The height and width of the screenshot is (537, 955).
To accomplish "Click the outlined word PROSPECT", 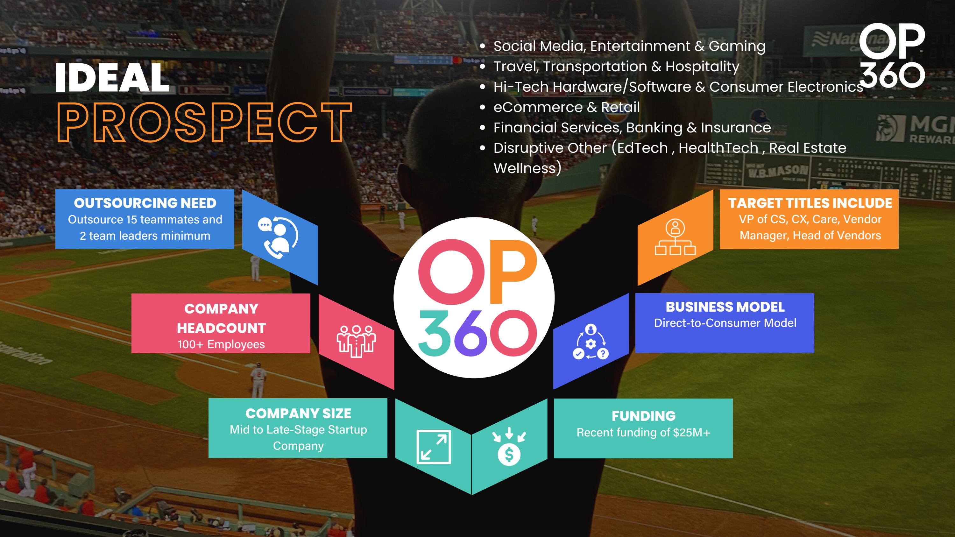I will (204, 123).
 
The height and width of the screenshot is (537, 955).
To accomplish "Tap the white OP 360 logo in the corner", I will (892, 56).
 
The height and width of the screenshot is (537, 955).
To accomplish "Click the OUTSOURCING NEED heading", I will (145, 203).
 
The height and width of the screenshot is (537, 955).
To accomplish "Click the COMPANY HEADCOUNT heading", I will (221, 318).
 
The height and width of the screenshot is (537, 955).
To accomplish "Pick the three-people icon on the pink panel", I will (356, 341).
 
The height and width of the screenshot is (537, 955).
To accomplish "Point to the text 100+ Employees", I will (221, 344).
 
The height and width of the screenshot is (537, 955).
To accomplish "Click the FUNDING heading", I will (643, 416).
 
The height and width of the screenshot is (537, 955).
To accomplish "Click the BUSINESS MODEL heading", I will (725, 307).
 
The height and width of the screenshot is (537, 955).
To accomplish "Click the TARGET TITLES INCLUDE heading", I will (810, 203).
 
